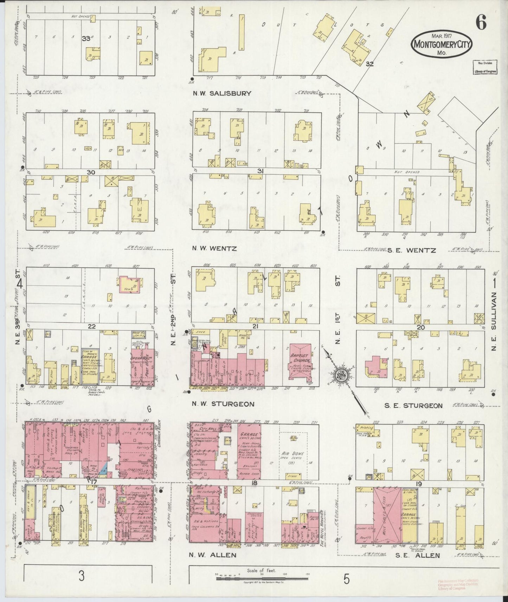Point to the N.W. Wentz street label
pos(214,248)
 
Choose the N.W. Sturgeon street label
pos(223,404)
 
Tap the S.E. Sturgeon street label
pos(413,406)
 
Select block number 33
pos(86,39)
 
